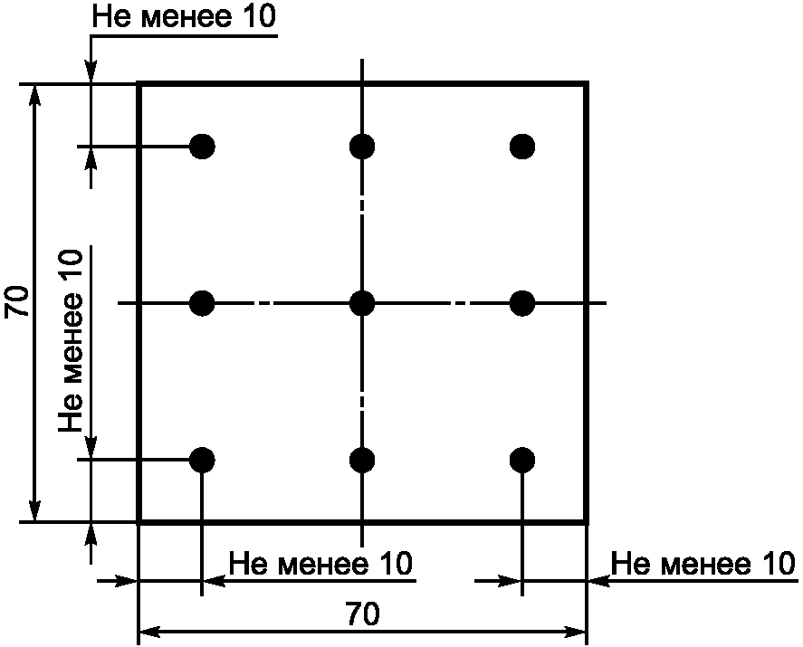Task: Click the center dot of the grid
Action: (x=362, y=302)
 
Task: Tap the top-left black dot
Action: (x=203, y=146)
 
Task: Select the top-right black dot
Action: (x=522, y=146)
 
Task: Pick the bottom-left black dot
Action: (x=203, y=460)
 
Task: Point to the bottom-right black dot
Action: (x=522, y=460)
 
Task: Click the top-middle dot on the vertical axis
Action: (x=362, y=146)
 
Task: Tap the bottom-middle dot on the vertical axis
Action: (x=362, y=460)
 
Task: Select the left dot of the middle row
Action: (x=203, y=302)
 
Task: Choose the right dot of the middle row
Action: (x=522, y=302)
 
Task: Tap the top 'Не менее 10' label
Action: (x=185, y=19)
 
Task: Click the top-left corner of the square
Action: (x=139, y=84)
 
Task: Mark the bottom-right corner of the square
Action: (x=587, y=521)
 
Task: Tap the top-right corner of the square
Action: (x=587, y=84)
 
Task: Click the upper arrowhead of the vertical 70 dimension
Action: (x=35, y=93)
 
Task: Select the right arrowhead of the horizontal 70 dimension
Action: (x=578, y=630)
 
